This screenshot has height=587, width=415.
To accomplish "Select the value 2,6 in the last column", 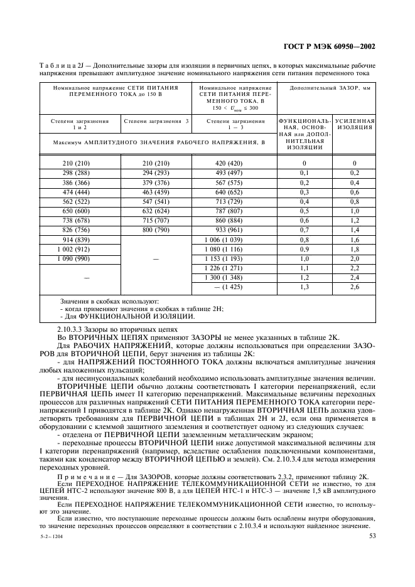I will tap(354, 287).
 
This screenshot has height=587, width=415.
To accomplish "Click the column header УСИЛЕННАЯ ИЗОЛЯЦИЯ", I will tap(354, 124).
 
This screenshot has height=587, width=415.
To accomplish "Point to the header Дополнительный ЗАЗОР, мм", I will tap(329, 88).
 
